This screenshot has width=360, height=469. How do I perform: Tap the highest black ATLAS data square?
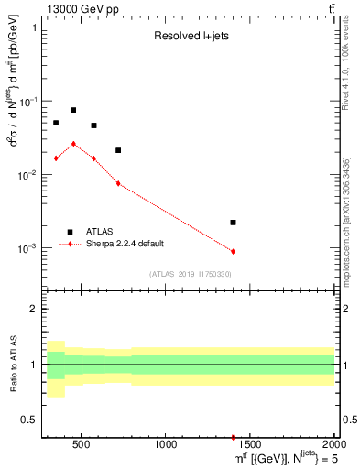click(x=73, y=110)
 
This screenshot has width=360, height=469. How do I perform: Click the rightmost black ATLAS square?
click(x=233, y=223)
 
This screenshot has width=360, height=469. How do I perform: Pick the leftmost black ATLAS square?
click(x=56, y=123)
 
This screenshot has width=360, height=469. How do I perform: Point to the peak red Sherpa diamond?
click(x=73, y=144)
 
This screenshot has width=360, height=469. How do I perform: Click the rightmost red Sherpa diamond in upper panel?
click(x=233, y=251)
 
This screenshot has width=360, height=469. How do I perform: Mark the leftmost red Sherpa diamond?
click(x=56, y=158)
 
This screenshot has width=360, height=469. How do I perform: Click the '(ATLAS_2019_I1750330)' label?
click(x=190, y=274)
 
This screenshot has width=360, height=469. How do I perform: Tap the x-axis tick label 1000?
click(x=166, y=446)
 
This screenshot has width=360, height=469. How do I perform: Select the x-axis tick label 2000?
click(x=333, y=446)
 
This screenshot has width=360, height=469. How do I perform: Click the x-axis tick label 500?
click(x=82, y=446)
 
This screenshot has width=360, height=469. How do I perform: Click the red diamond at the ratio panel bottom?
click(x=233, y=438)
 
